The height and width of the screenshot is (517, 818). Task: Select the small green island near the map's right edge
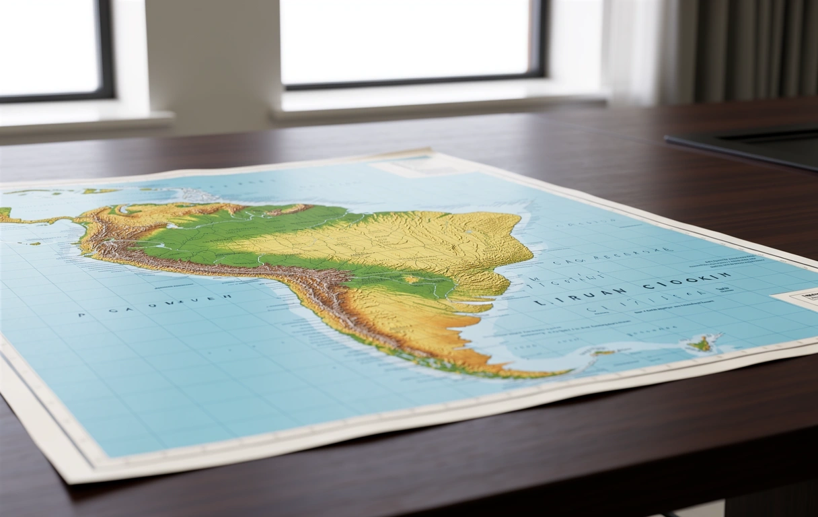tap(702, 343)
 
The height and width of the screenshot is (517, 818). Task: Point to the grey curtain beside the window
tap(740, 50)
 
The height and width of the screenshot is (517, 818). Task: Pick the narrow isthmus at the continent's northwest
tap(40, 219)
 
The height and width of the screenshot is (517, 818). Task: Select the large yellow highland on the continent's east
tap(431, 239)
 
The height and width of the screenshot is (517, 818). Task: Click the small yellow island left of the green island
tap(603, 352)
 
